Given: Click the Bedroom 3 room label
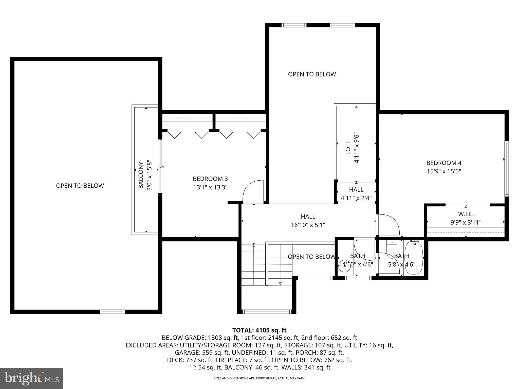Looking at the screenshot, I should (x=210, y=179).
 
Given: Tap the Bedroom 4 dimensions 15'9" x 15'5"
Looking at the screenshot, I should (x=444, y=171).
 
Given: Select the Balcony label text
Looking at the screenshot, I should (x=141, y=175).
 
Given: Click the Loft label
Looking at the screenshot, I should (x=348, y=148).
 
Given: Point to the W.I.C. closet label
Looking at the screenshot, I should (x=466, y=214).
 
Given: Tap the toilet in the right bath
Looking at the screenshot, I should (x=392, y=247).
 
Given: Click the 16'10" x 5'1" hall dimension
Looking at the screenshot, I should (x=308, y=225).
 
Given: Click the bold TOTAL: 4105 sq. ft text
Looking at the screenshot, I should (x=259, y=330).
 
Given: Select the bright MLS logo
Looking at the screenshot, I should (x=32, y=378).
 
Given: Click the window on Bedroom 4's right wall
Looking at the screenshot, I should (x=506, y=168).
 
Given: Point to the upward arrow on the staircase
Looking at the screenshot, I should (x=253, y=245).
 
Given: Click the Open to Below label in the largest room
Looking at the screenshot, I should (x=80, y=186).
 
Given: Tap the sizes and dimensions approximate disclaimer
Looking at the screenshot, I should (x=259, y=378).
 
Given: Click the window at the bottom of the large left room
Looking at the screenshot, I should (x=112, y=312).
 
